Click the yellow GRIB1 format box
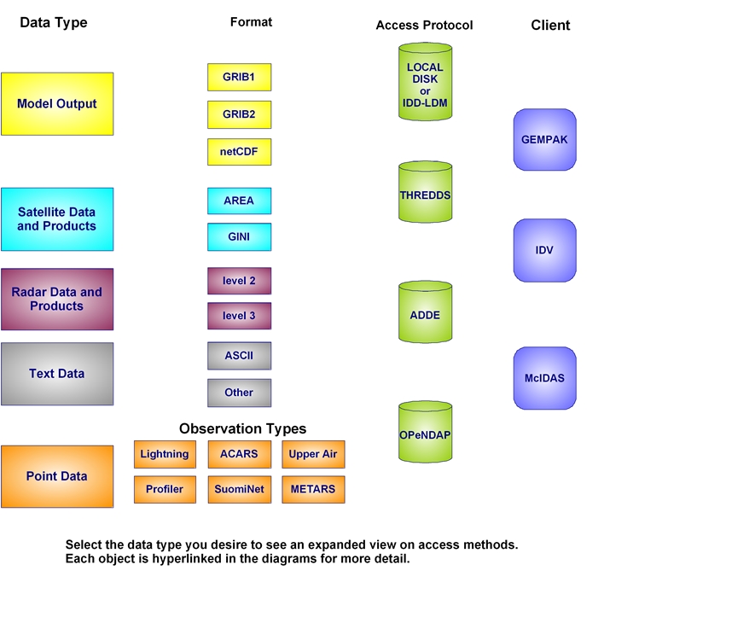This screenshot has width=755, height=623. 239,77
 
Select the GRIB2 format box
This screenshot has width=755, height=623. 239,114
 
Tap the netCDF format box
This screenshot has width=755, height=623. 239,152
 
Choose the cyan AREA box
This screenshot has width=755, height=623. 239,201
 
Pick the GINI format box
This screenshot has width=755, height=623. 239,237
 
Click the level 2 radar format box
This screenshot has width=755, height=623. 239,281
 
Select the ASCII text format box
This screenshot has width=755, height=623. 239,356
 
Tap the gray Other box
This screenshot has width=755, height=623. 239,393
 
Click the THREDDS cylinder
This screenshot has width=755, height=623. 425,195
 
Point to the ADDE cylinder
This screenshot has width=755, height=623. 425,315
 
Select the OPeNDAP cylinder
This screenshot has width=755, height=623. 425,434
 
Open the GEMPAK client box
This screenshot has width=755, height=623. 544,139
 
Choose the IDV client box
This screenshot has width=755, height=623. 544,250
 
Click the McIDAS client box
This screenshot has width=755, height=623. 544,378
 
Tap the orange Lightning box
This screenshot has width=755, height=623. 165,454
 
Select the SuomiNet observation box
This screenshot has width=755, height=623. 239,490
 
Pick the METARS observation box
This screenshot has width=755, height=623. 313,490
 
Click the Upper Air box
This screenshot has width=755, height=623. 313,454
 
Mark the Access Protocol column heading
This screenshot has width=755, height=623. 424,26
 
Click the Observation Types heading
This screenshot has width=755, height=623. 242,429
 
